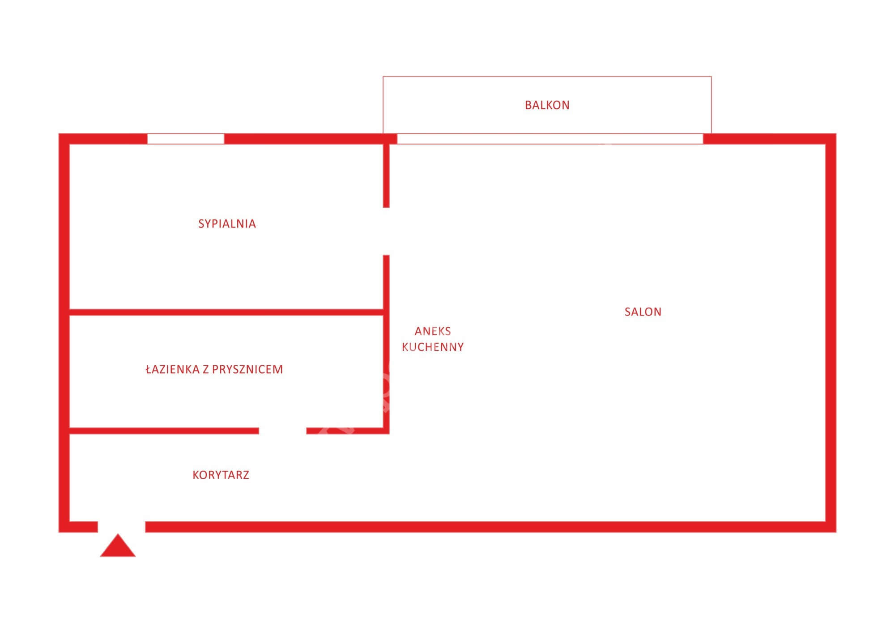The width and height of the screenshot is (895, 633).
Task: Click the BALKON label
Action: point(547,105)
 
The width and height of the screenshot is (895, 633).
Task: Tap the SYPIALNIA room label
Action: point(227,224)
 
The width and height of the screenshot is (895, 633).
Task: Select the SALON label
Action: point(643,312)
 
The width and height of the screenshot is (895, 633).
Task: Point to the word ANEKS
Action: point(433,331)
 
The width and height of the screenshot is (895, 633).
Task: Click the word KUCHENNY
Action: point(433,347)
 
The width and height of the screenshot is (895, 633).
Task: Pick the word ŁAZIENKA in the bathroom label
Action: point(172,369)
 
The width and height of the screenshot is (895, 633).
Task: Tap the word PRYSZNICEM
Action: point(247,369)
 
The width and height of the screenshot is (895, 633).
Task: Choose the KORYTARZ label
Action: point(221,475)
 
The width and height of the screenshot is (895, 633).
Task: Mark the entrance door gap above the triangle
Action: point(122,527)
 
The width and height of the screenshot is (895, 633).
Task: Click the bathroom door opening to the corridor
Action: point(282,431)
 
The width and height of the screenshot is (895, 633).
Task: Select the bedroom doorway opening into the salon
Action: point(386,232)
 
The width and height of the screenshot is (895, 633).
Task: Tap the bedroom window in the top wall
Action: point(186,139)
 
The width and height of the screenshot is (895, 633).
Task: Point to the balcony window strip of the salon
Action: point(550,139)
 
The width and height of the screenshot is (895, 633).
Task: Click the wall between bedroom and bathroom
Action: point(226,312)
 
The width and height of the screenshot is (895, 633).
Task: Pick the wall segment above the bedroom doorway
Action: point(386,176)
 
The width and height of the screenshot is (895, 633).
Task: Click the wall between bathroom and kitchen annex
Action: point(386,373)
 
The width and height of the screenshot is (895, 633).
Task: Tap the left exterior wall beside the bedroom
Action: point(64,224)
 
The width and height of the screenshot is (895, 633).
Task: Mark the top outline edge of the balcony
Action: point(547,77)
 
